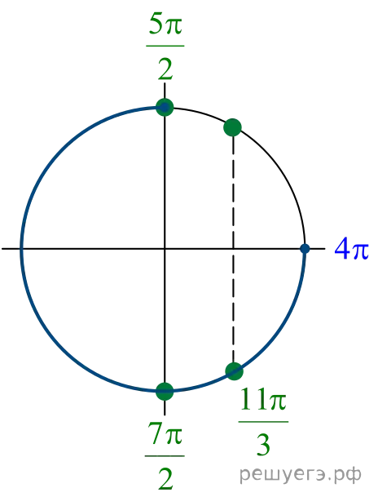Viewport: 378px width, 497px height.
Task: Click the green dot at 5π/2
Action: coord(165,108)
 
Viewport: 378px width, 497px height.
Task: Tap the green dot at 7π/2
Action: coord(165,391)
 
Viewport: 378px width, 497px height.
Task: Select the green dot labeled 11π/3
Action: coord(234,371)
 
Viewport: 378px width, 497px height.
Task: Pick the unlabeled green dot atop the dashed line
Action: coord(232,127)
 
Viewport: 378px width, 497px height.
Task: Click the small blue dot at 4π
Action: coord(305,249)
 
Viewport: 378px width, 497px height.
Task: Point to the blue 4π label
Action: coord(351,249)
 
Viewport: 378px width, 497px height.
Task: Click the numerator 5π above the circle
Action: coord(165,24)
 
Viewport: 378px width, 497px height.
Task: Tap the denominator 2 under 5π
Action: coord(165,69)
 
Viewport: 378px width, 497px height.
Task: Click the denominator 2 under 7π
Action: coord(165,479)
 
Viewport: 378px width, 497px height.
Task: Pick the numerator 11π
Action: coord(263,399)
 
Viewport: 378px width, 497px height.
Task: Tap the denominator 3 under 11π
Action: coord(263,445)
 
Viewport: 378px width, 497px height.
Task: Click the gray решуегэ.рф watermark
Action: coord(300,474)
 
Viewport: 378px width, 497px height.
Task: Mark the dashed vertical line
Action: coord(233,249)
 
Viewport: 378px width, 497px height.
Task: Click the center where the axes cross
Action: coord(165,249)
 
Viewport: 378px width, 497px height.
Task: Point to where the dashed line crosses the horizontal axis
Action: coord(233,249)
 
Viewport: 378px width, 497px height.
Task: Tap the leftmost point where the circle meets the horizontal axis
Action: coord(21,249)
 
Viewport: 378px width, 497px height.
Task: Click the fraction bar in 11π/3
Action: coord(263,422)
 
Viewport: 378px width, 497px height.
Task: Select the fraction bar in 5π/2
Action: coord(165,46)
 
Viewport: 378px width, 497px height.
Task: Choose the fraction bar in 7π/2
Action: coord(165,456)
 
